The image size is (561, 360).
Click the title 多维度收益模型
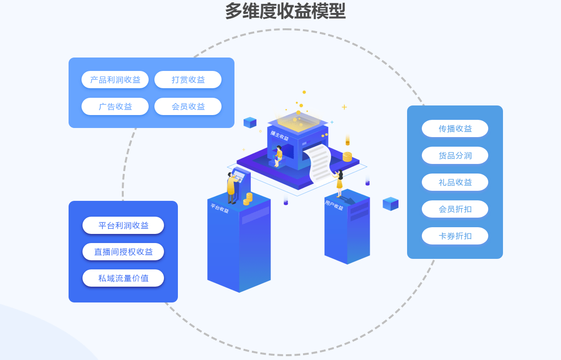[285, 11]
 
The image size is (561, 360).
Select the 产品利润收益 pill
[115, 80]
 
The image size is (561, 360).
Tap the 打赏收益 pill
[188, 80]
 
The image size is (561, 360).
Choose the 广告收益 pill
[115, 106]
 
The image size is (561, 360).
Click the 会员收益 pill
[188, 106]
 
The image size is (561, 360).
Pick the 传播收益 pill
[455, 128]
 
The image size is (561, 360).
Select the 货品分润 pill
[455, 155]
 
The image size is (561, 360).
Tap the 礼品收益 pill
[455, 182]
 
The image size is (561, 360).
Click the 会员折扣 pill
[455, 209]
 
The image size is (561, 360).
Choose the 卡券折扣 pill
[455, 236]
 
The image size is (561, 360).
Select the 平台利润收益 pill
[123, 225]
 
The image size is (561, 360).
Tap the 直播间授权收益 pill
[123, 252]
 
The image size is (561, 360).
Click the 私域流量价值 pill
[123, 278]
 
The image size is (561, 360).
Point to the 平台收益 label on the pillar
[220, 209]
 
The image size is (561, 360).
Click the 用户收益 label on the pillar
[334, 205]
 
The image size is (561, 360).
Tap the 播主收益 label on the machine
[280, 136]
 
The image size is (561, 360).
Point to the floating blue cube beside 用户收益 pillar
[390, 204]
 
